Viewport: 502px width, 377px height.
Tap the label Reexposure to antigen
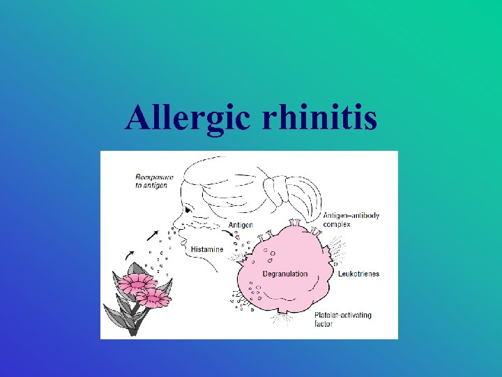pos(154,181)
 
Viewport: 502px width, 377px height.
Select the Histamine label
pos(208,249)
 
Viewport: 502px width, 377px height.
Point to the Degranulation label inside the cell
pos(284,274)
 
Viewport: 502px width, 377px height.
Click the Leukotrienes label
pos(357,274)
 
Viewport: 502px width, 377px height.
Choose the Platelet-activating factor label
pos(342,319)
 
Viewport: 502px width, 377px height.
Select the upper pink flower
pos(137,282)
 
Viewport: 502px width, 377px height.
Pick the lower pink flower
pos(154,298)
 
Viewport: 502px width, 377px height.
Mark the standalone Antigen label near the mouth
pos(241,225)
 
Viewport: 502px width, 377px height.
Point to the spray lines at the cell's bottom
pos(285,320)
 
